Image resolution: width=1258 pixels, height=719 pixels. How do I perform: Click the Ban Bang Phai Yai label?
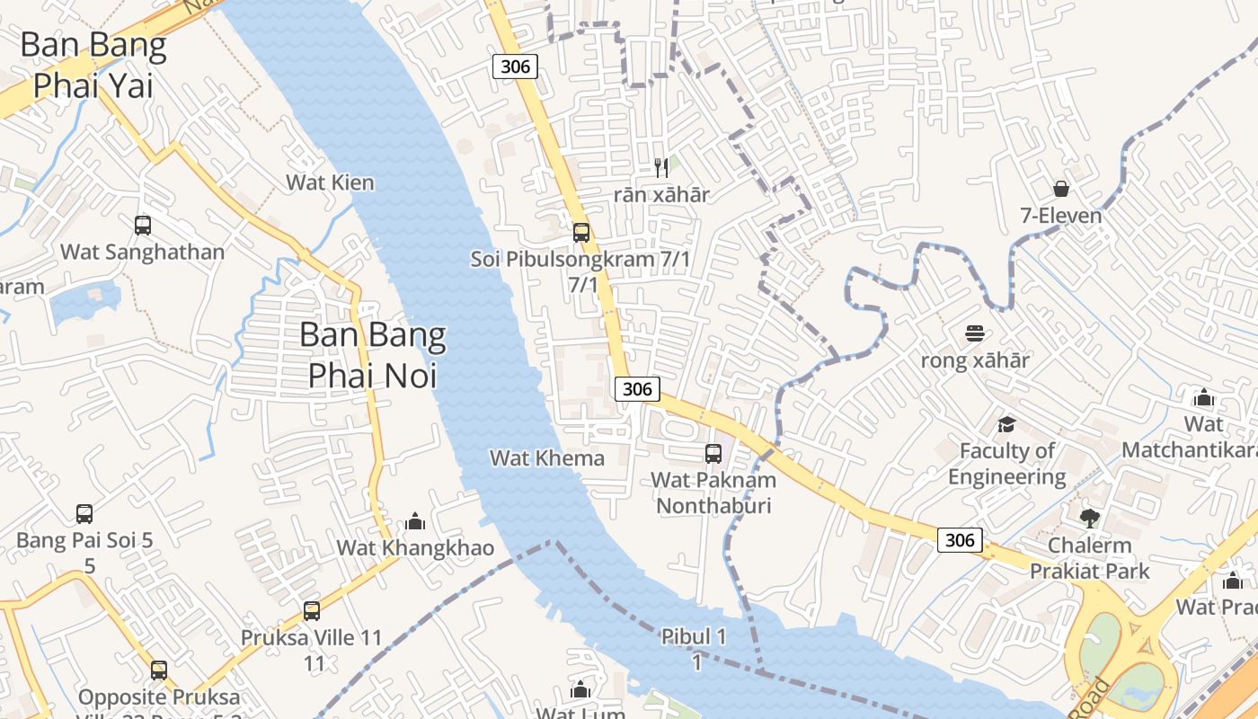coord(93,66)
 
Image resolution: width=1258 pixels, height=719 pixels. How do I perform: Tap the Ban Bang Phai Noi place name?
coord(372,355)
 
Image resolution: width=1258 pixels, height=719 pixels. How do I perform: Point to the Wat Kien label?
coord(330,182)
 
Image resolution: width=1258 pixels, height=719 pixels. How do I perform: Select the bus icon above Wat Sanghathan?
coord(143,225)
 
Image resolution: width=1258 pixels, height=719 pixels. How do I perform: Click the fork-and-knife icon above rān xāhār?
coord(662,167)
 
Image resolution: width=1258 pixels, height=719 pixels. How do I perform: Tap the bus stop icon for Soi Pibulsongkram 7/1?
coord(581,233)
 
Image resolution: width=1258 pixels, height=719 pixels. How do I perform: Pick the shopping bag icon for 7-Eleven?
coord(1061,189)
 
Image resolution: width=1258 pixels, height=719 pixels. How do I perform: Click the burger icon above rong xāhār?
coord(975,334)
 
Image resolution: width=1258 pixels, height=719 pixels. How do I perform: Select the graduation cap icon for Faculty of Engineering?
coord(1006,424)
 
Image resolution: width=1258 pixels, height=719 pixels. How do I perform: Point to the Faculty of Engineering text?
coord(1007,464)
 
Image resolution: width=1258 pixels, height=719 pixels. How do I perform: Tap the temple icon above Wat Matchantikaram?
coord(1203,397)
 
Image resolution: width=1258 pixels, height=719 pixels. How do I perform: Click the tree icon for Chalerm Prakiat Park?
coord(1090,518)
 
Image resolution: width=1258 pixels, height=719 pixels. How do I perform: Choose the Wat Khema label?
coord(547,458)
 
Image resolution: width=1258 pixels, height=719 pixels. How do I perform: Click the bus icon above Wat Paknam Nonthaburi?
coord(713,454)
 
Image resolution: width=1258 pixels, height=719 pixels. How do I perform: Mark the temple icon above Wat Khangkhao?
coord(415,521)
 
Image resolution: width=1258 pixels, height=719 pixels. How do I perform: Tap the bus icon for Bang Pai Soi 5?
coord(84,514)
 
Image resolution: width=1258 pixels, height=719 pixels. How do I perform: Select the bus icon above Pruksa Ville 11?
coord(312,611)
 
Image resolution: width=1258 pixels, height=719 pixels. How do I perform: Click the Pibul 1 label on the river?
coord(694,637)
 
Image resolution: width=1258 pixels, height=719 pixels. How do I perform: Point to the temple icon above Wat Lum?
coord(580,690)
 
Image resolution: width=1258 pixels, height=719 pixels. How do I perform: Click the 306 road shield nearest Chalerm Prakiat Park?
coord(960,540)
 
